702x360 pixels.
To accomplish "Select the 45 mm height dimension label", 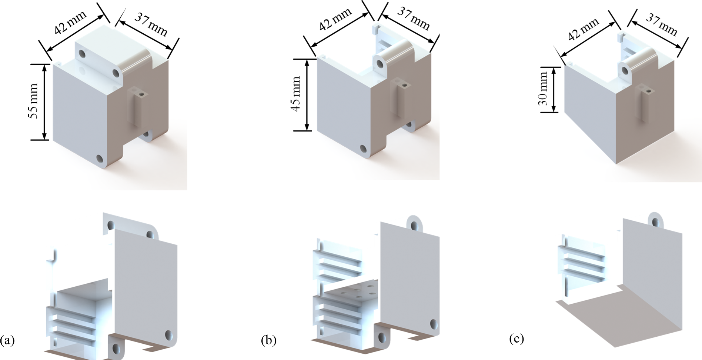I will [x=295, y=94].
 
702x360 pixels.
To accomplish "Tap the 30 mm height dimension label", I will [x=543, y=89].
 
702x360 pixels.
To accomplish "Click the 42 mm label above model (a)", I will [x=70, y=23].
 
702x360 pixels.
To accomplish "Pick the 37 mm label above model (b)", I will [x=414, y=19].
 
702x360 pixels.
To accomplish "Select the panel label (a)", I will [x=7, y=340].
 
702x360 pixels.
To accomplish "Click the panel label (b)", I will [x=269, y=340].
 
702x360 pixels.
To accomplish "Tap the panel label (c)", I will [x=517, y=339].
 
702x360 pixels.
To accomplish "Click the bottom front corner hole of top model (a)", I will [x=100, y=159].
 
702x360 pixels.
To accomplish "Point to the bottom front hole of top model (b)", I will [x=364, y=149].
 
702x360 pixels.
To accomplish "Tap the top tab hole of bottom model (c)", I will [x=656, y=222].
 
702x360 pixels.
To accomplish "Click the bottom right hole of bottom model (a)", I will [x=168, y=336].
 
